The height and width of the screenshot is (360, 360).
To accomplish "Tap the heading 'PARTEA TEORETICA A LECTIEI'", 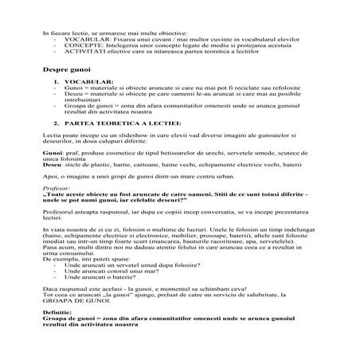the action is pyautogui.click(x=123, y=123).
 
